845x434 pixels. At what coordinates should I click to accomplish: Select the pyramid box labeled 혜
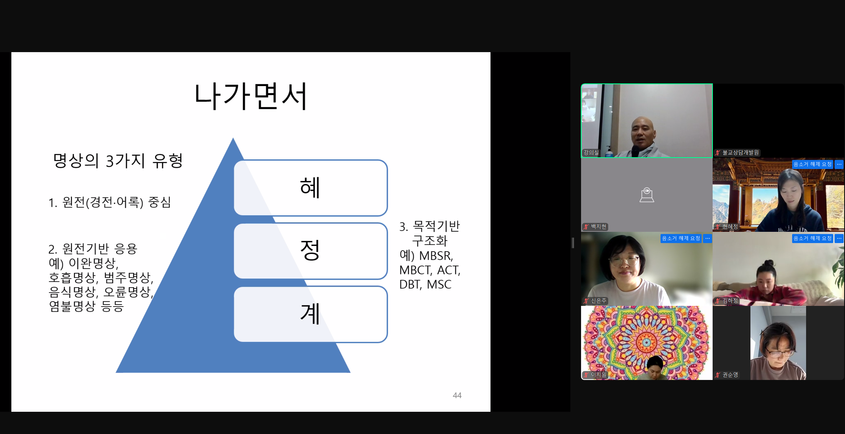point(311,188)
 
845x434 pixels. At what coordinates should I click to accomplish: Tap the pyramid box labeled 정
point(311,251)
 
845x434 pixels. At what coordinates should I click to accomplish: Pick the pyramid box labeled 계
point(311,314)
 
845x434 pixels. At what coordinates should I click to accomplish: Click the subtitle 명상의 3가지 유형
point(118,161)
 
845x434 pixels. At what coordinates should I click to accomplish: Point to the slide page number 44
point(457,395)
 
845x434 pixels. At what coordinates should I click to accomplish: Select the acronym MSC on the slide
point(439,284)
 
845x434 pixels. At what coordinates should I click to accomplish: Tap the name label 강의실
point(591,152)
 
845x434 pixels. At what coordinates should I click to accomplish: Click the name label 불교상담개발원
point(740,153)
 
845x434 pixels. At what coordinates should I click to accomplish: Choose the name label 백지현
point(599,227)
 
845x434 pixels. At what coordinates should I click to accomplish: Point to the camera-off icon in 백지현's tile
point(647,195)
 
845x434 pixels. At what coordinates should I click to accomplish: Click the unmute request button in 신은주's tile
point(681,238)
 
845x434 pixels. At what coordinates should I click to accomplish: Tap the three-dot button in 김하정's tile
point(839,238)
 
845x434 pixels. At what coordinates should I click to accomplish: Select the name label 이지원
point(599,374)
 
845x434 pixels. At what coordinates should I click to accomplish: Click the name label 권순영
point(730,374)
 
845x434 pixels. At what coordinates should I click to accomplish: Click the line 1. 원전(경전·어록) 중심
point(110,202)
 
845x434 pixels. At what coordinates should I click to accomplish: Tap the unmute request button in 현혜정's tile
point(812,164)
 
